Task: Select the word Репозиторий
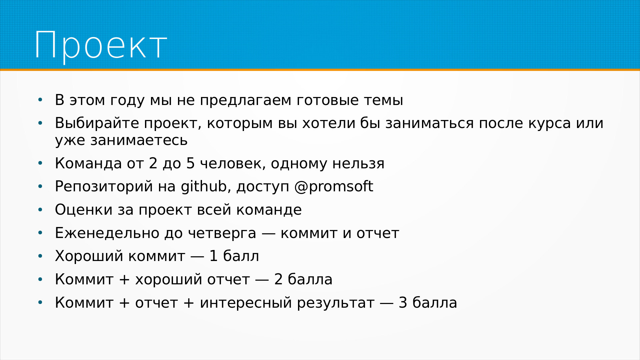tap(104, 187)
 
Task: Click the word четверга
tap(222, 233)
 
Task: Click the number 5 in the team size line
tap(191, 163)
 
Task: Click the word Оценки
tap(84, 210)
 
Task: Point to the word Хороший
tap(89, 256)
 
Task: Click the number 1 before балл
tap(213, 256)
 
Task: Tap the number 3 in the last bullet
tap(403, 303)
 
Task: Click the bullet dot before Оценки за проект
tap(40, 210)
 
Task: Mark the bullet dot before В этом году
tap(40, 100)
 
